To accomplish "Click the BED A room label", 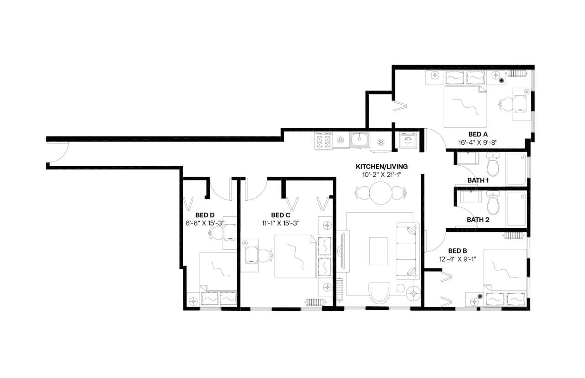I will click(x=478, y=134).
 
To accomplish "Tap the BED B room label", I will click(x=457, y=251).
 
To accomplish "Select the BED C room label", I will click(x=281, y=215).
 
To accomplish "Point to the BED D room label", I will click(x=205, y=215).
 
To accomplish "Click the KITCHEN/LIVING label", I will click(x=382, y=167).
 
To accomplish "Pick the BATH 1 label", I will click(x=478, y=180).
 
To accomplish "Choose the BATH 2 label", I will click(x=478, y=220).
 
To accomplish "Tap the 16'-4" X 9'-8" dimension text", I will click(x=478, y=142).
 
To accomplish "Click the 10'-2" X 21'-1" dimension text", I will click(x=382, y=174).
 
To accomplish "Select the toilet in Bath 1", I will click(x=493, y=165).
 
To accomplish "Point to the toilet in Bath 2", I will click(x=493, y=204).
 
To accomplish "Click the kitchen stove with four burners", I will click(x=324, y=140).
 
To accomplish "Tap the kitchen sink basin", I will click(x=360, y=138).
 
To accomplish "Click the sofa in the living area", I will click(x=407, y=251).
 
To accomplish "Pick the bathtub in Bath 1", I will click(x=516, y=169).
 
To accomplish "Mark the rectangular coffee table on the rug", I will click(x=378, y=249).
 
